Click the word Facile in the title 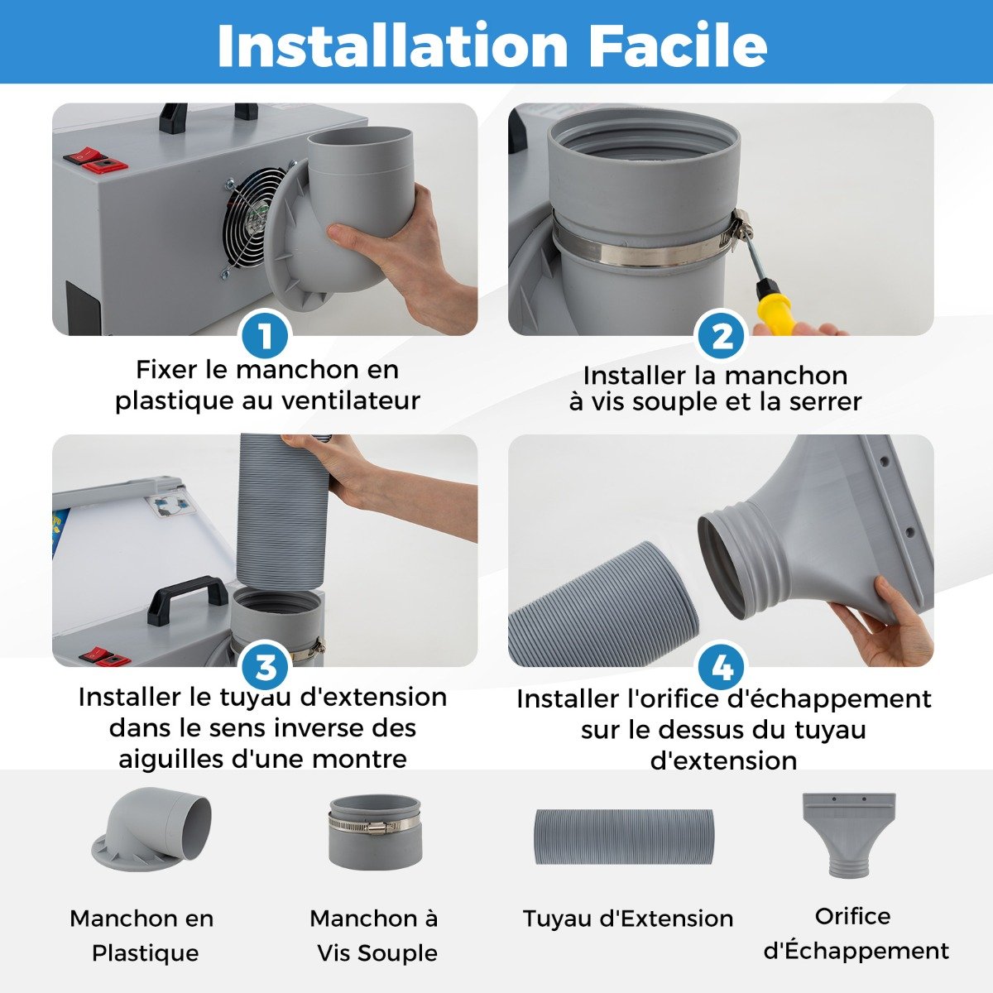pos(678,45)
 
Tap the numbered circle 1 pos(265,335)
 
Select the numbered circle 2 pos(722,335)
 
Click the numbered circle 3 pos(265,667)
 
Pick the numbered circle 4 pos(722,667)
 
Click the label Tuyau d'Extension pos(627,919)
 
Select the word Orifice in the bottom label pos(852,916)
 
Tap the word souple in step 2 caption pos(675,402)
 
